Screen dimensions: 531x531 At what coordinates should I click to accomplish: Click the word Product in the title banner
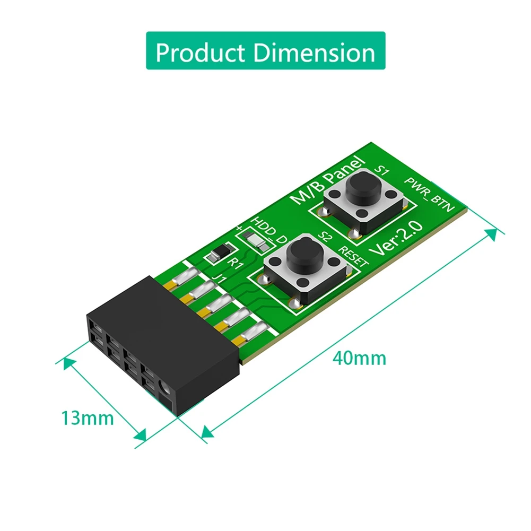click(x=201, y=53)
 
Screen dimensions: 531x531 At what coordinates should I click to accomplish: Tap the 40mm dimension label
click(x=360, y=358)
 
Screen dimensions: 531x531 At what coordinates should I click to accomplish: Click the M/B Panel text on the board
click(x=329, y=180)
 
